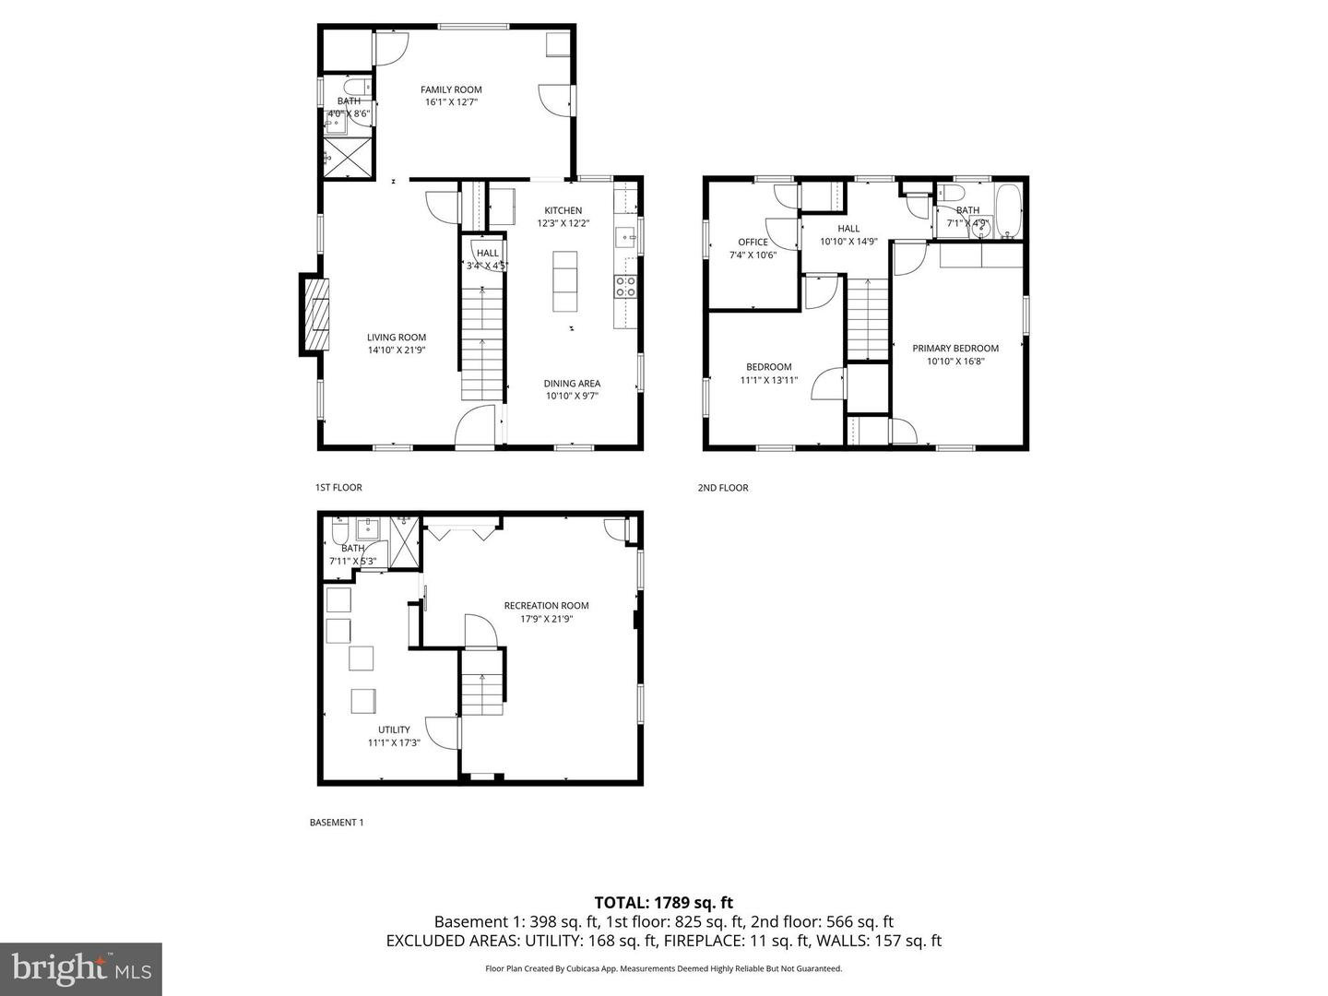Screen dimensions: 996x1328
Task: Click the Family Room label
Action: point(451,89)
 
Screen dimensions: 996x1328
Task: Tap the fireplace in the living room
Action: point(314,314)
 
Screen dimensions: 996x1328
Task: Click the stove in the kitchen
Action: point(626,287)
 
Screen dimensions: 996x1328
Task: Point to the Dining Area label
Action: point(572,384)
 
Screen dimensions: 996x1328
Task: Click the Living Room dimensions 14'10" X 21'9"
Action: point(397,350)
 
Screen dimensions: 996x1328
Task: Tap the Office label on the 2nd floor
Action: point(753,243)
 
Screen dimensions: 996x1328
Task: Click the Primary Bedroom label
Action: point(955,349)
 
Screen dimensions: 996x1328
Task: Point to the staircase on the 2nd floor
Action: point(867,319)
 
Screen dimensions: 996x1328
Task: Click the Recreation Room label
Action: point(546,606)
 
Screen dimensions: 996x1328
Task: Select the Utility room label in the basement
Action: point(394,729)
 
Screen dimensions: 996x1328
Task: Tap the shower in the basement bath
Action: point(404,543)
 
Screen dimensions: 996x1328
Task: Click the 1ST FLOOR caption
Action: point(338,487)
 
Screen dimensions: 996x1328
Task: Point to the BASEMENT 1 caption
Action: point(337,823)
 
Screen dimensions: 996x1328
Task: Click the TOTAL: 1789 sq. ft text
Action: point(664,903)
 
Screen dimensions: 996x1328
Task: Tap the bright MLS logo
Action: point(81,968)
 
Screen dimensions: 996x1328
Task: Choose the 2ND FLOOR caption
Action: point(723,488)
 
